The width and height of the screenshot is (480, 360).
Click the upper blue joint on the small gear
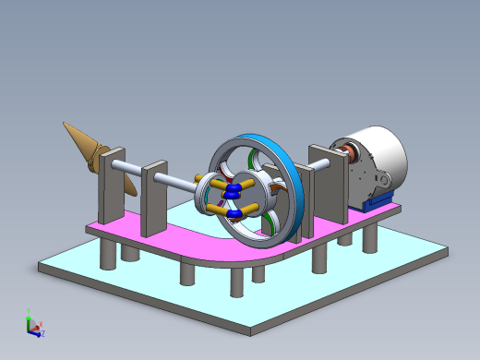(234, 190)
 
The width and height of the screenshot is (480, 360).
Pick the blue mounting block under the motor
(378, 198)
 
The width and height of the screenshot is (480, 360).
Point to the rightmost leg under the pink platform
(370, 237)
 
